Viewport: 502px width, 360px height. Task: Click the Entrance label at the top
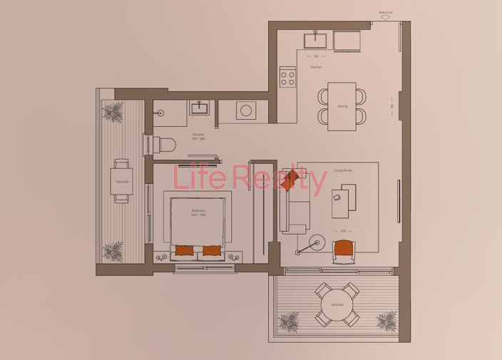click(386, 13)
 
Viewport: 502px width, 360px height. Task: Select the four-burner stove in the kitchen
click(288, 76)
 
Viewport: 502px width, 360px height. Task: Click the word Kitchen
click(316, 67)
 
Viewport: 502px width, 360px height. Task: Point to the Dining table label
click(342, 106)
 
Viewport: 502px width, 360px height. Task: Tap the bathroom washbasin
click(199, 108)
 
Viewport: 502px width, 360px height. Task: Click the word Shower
click(198, 134)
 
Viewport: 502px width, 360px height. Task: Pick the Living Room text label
click(344, 170)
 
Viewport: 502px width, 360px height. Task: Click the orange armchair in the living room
click(344, 250)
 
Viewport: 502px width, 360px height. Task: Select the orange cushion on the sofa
click(290, 181)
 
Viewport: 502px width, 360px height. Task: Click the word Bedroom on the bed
click(198, 211)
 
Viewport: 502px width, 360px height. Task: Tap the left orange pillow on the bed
click(184, 250)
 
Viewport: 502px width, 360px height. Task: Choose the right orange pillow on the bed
click(212, 250)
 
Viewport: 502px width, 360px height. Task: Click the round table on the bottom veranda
click(337, 304)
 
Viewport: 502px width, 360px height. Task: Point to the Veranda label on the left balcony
click(122, 181)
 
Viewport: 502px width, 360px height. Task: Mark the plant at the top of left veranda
click(112, 111)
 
